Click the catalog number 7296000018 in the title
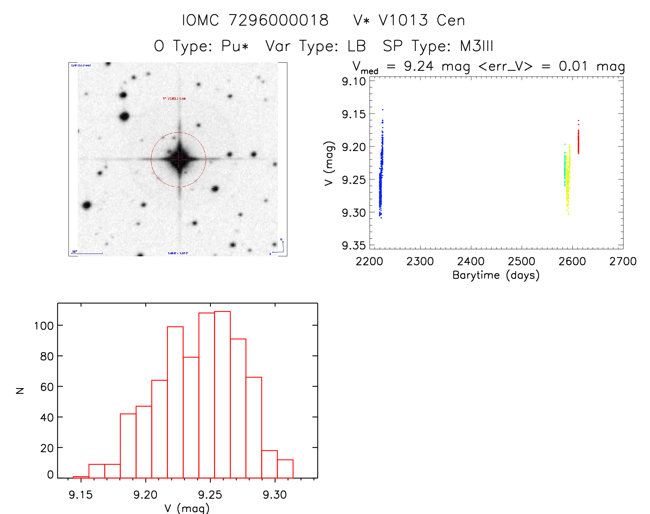[278, 20]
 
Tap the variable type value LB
[356, 46]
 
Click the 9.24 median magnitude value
[418, 66]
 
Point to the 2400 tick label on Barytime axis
[470, 261]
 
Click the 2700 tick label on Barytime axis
[622, 261]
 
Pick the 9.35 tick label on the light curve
[353, 246]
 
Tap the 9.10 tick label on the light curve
[353, 82]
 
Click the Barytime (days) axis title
[496, 275]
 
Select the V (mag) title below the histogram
[187, 508]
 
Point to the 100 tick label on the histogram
[44, 325]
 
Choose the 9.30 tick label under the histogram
[275, 495]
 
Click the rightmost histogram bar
[285, 469]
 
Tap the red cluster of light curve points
[578, 141]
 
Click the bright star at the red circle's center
[179, 159]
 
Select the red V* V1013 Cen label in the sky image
[174, 98]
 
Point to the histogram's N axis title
[20, 390]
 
